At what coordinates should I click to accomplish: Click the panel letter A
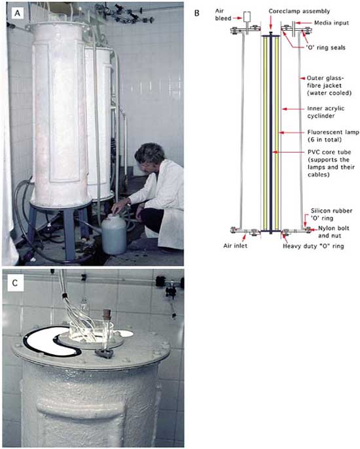[x=18, y=13]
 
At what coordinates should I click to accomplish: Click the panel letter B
[x=197, y=13]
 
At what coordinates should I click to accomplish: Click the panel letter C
[x=15, y=283]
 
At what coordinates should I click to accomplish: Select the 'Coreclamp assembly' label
[x=299, y=11]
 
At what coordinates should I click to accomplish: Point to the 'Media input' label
[x=331, y=23]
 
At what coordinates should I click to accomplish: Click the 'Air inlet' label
[x=235, y=245]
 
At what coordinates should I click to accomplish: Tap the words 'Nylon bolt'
[x=334, y=228]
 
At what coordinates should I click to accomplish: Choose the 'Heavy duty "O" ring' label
[x=314, y=246]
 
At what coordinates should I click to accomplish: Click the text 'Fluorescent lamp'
[x=333, y=132]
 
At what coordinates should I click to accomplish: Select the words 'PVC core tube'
[x=329, y=152]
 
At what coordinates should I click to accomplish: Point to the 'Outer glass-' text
[x=325, y=78]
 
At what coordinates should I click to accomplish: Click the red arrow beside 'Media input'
[x=302, y=23]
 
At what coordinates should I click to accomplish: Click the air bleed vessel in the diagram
[x=247, y=17]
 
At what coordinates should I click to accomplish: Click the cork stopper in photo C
[x=107, y=313]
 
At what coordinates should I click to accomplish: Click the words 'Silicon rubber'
[x=331, y=211]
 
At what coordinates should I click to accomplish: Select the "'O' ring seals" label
[x=325, y=47]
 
